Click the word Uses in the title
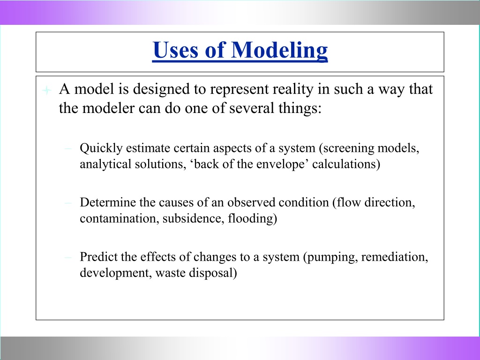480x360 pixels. pos(175,50)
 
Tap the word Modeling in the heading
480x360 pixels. pos(279,51)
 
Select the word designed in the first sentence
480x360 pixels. pos(161,90)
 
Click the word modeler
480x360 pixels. pos(108,108)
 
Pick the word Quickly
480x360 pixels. pos(101,149)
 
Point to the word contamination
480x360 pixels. pos(120,218)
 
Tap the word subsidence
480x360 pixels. pos(194,218)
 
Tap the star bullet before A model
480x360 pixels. pos(46,90)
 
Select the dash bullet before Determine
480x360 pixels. pos(68,203)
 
